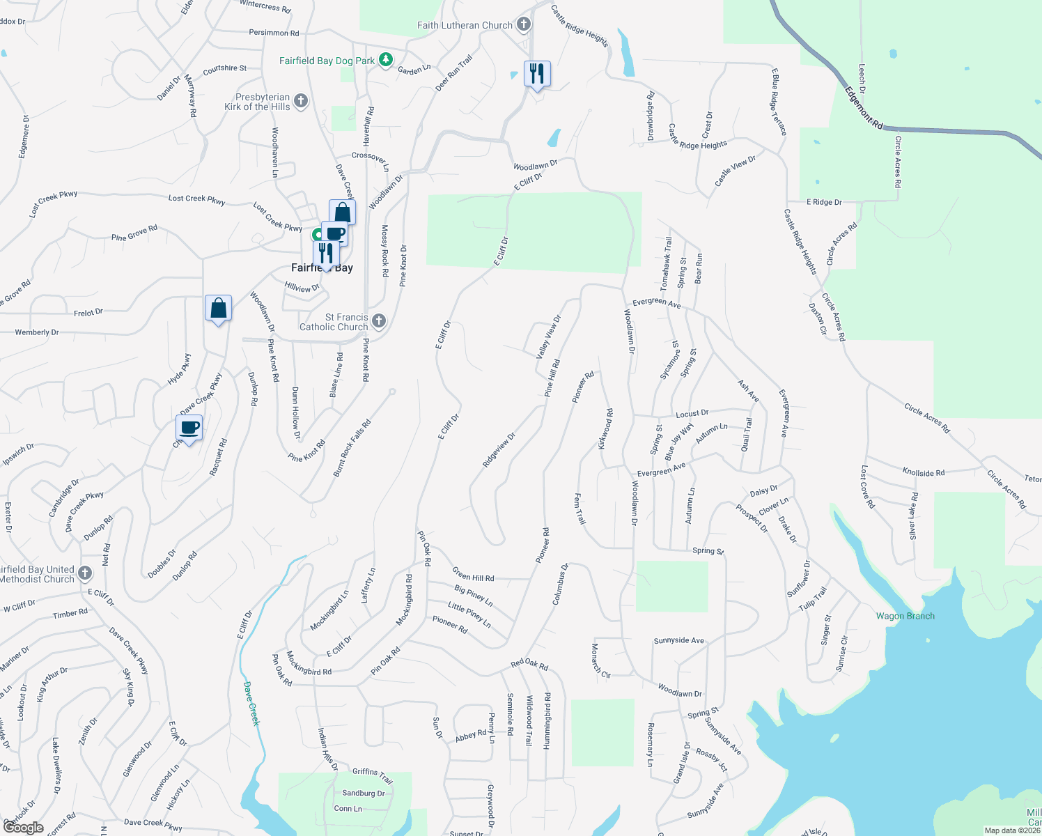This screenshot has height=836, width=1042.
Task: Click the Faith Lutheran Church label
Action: (x=465, y=25)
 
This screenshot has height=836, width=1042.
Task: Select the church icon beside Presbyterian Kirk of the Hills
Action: (x=301, y=102)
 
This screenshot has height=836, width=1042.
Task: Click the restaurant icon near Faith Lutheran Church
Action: (x=537, y=73)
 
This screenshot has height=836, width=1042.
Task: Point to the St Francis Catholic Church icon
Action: (x=379, y=321)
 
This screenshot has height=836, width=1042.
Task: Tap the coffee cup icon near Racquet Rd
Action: (x=189, y=428)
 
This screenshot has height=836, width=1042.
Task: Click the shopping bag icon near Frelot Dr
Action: (x=218, y=308)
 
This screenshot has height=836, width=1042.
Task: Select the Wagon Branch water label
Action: (x=905, y=616)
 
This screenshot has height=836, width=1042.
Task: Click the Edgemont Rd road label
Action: (x=864, y=108)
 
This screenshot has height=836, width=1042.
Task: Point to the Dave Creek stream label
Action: (x=251, y=704)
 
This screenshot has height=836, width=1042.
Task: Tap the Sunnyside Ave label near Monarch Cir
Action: (x=678, y=640)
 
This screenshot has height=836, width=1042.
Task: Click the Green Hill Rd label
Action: (x=473, y=574)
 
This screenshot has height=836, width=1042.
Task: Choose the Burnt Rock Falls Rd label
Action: (x=352, y=448)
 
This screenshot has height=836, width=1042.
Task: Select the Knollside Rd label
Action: (x=923, y=472)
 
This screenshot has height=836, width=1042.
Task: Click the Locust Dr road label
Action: (x=692, y=414)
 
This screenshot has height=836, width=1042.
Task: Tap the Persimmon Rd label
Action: (x=274, y=33)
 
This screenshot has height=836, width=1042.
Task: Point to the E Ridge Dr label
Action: (x=824, y=202)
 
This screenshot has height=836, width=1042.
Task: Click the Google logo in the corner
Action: (x=23, y=828)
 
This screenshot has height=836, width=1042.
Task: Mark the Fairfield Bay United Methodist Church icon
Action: (x=85, y=573)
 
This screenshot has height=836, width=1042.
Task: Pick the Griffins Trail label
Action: (x=373, y=775)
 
